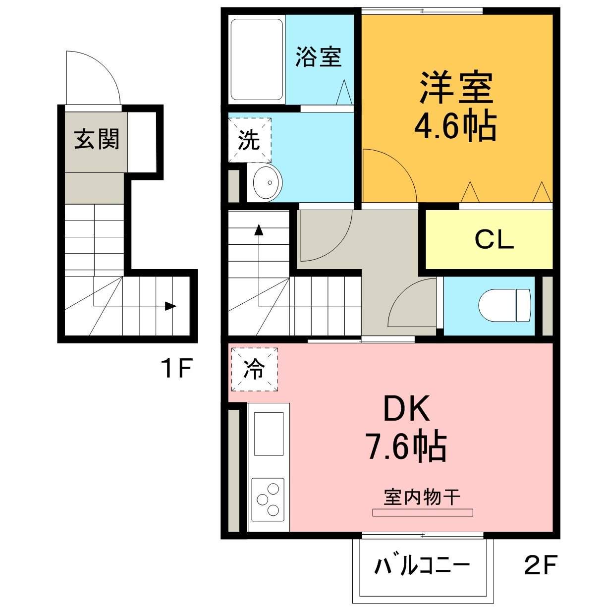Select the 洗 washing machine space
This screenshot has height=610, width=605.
pos(249,140)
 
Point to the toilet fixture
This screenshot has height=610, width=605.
pos(505,304)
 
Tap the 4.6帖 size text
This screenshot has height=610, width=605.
pos(455,127)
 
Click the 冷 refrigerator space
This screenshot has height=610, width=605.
pos(253,369)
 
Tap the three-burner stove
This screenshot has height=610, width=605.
pos(268,499)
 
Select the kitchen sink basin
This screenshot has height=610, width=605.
pos(269,433)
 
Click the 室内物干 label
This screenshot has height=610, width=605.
pos(422,497)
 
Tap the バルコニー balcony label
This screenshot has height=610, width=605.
pos(422,565)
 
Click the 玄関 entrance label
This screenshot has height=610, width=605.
pos(97,139)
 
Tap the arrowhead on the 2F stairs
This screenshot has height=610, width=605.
pos(259,230)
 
